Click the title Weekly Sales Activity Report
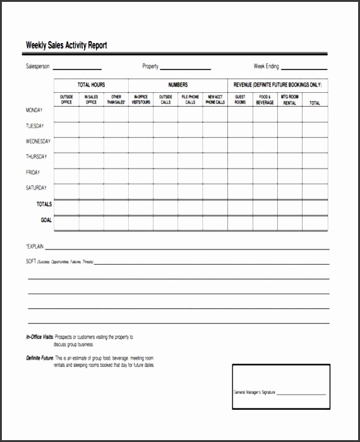click(66, 45)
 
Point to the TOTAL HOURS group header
click(91, 85)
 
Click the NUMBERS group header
click(177, 85)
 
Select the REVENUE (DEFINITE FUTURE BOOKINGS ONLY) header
click(277, 85)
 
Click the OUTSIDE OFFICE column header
click(66, 99)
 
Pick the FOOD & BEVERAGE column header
click(265, 99)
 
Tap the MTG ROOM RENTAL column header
click(289, 99)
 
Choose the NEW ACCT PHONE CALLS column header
click(215, 99)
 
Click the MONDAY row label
click(34, 110)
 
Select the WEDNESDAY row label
click(38, 141)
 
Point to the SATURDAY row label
click(36, 188)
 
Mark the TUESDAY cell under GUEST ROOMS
click(240, 129)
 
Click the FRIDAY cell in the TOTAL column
click(315, 176)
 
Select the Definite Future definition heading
click(40, 358)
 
